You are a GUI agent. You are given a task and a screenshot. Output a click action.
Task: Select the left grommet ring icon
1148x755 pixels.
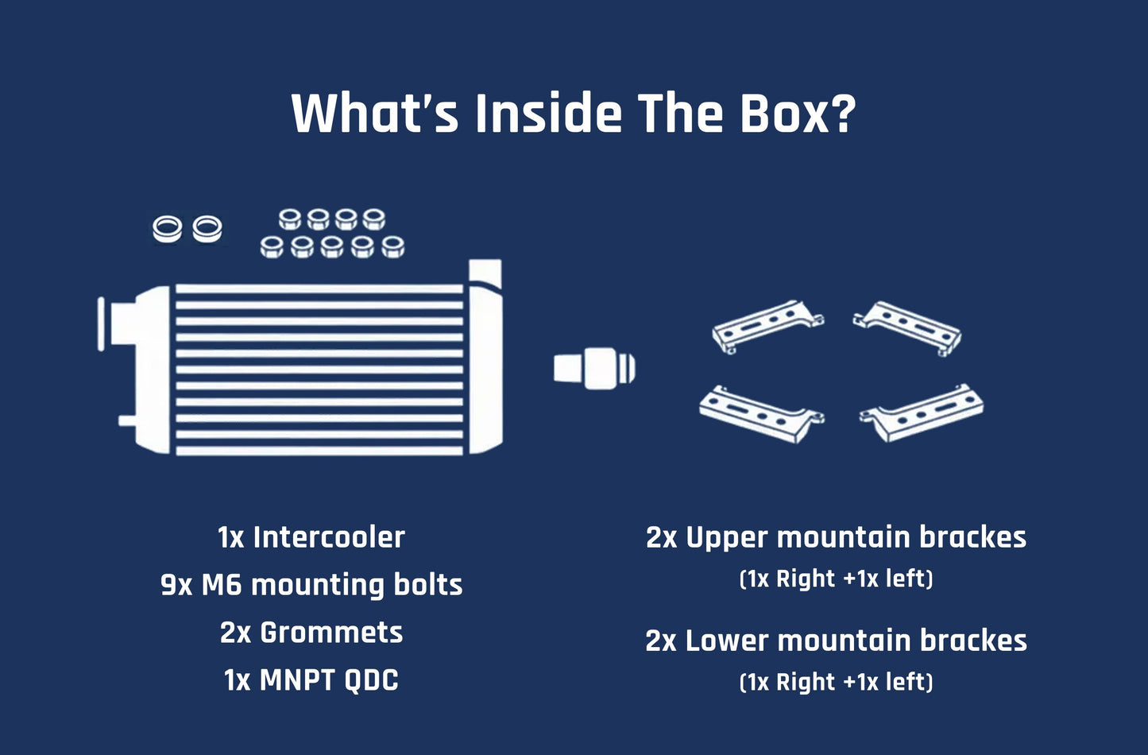(x=167, y=229)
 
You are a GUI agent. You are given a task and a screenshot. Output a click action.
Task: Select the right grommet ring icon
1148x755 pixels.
(x=207, y=229)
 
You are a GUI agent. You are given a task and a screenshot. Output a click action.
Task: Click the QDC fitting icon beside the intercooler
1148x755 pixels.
(x=594, y=368)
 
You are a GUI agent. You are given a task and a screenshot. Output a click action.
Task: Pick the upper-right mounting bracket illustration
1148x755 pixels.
(x=908, y=326)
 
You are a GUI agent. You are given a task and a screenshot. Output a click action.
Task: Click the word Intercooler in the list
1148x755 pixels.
(x=329, y=537)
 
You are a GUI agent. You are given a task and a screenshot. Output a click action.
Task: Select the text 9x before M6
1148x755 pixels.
(x=176, y=585)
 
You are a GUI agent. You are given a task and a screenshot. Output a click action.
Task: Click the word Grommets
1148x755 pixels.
(x=331, y=633)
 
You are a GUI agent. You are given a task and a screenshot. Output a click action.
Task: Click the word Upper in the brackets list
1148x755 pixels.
(x=726, y=537)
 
